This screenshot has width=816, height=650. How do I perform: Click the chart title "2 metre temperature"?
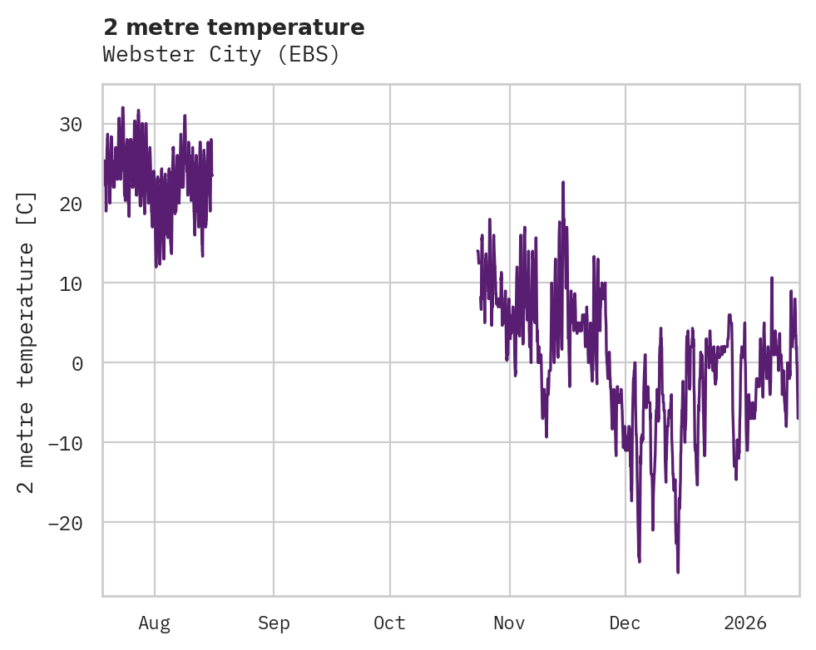click(x=234, y=27)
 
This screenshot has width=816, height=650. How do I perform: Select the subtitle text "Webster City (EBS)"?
click(x=221, y=55)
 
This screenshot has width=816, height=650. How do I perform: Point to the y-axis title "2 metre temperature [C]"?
click(x=27, y=342)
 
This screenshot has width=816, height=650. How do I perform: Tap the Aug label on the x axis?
click(x=155, y=623)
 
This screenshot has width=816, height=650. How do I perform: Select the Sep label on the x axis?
click(x=274, y=623)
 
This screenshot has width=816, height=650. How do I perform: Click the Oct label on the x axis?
click(x=389, y=623)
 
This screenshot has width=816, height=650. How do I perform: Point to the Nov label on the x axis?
click(x=509, y=623)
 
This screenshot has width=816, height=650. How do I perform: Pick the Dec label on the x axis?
click(x=625, y=623)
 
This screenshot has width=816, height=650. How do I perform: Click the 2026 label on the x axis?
click(x=744, y=623)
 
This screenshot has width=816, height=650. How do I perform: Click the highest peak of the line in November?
click(x=563, y=182)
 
